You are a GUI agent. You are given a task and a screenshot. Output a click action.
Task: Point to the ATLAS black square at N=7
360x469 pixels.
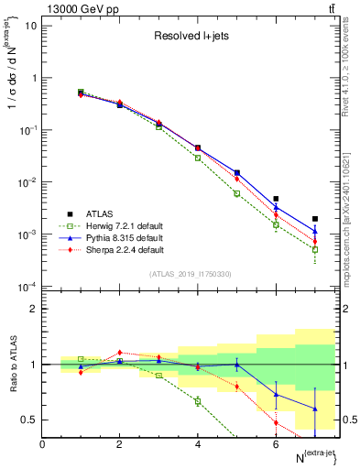pos(314,219)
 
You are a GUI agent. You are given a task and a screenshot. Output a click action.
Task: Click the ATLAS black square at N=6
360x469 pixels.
pos(276,199)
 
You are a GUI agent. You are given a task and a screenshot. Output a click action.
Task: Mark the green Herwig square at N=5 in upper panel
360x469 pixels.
pos(236,193)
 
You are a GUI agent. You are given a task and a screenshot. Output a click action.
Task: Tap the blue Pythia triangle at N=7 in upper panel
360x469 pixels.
pos(314,231)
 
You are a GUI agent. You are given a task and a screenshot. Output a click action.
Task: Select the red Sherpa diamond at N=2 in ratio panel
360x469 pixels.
pos(120,352)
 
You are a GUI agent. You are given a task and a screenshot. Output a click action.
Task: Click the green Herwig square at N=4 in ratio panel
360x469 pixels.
pos(198,400)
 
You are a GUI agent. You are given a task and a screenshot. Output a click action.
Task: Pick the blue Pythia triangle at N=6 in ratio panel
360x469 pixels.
pos(276,394)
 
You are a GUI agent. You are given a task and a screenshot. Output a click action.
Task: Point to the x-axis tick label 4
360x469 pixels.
pos(198,443)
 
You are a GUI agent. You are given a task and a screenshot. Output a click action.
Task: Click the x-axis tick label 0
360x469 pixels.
pos(43,443)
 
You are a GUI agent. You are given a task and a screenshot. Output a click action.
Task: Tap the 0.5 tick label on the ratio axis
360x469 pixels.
pos(29,420)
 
